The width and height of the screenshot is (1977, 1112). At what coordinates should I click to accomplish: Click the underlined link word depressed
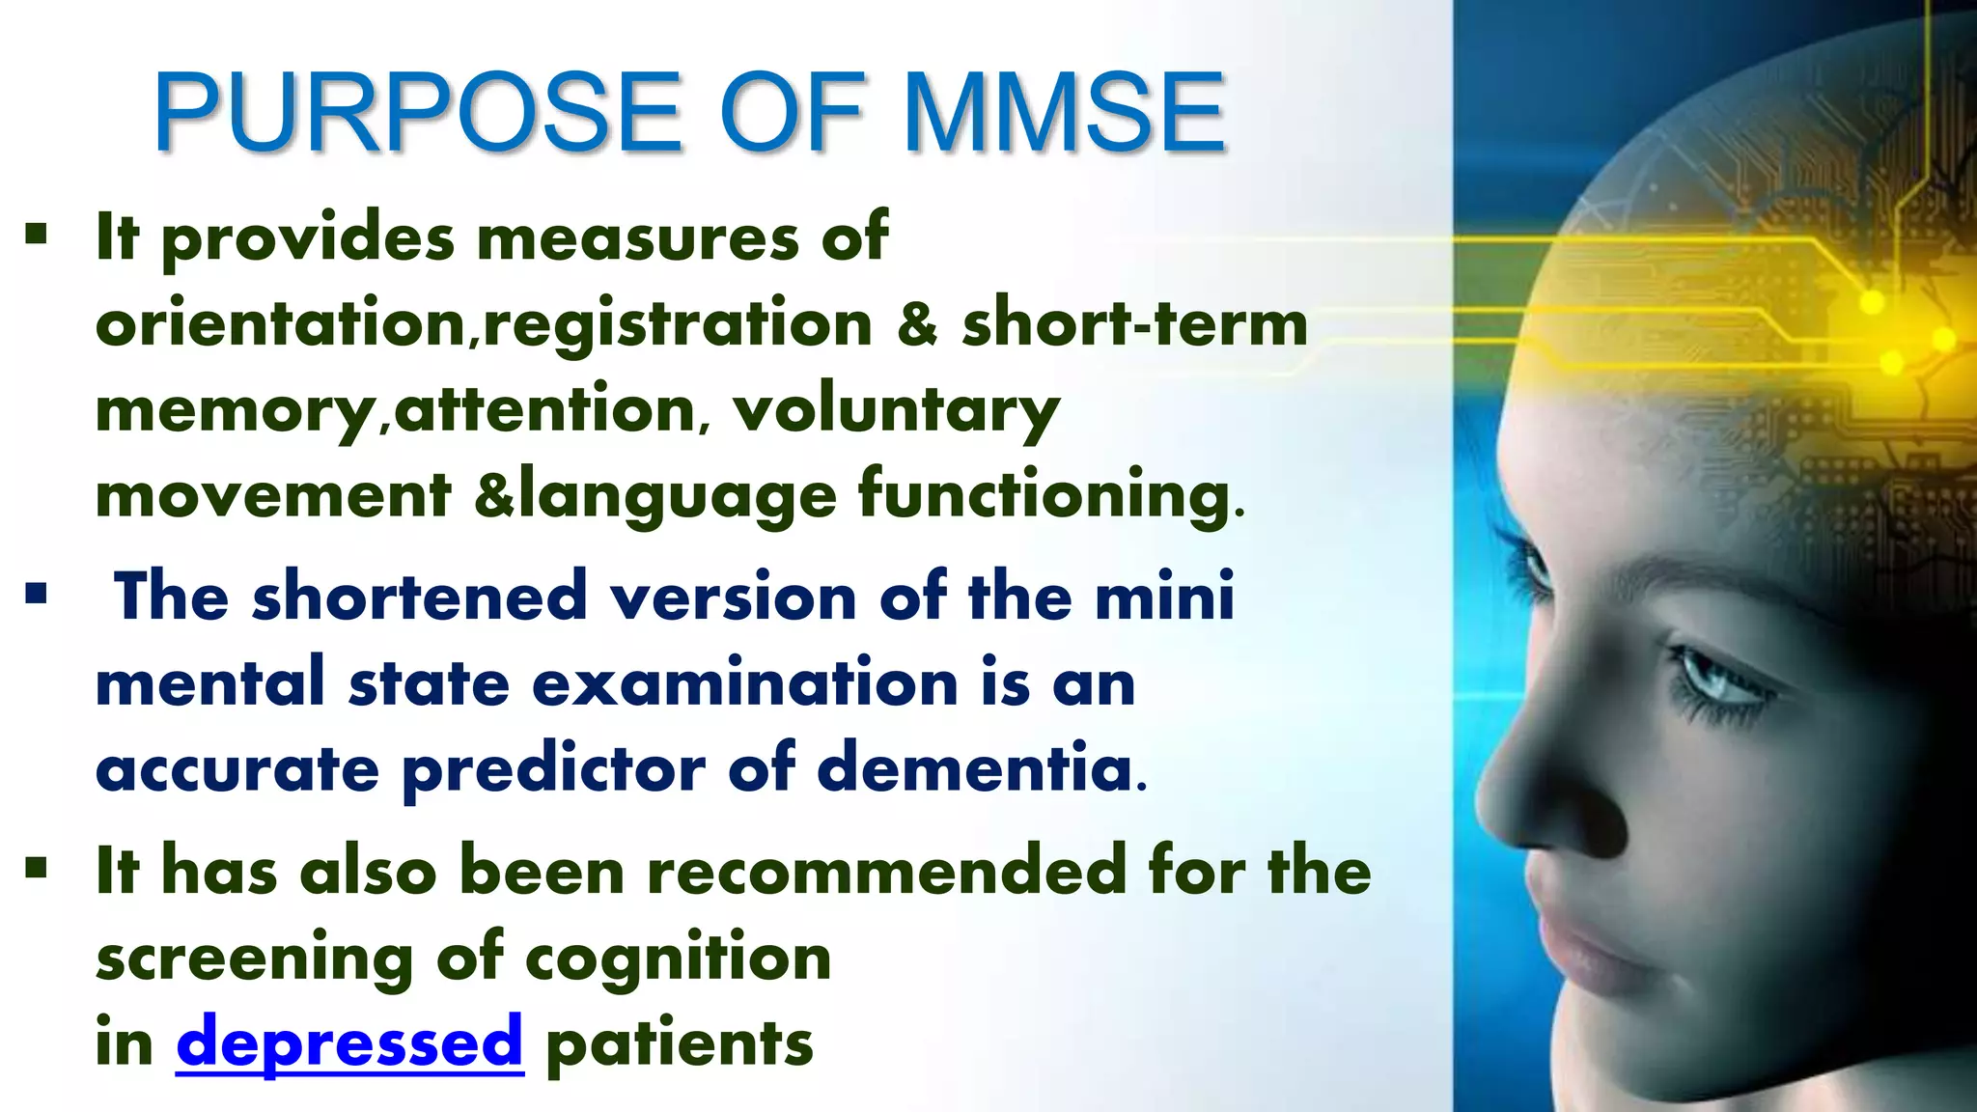tap(349, 1042)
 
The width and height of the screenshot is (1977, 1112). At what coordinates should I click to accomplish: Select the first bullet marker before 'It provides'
tap(37, 235)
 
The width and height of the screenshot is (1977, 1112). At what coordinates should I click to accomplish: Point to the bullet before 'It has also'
tap(37, 868)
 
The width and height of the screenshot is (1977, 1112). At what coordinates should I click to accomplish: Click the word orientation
tap(281, 323)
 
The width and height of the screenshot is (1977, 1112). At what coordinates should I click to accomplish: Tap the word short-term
tap(1134, 323)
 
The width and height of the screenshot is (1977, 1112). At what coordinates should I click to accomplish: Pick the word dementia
tap(974, 769)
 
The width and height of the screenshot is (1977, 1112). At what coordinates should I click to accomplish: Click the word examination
tap(744, 683)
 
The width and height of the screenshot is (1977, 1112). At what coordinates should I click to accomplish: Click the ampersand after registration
tap(916, 323)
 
